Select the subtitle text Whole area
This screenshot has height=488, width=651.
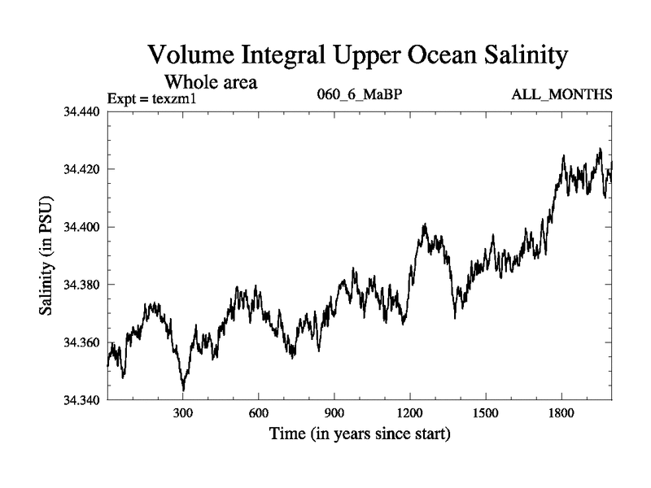[212, 81]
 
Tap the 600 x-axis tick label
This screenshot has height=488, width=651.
[259, 412]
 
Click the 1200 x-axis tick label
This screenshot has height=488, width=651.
[410, 412]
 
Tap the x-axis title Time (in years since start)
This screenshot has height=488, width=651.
[360, 434]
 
